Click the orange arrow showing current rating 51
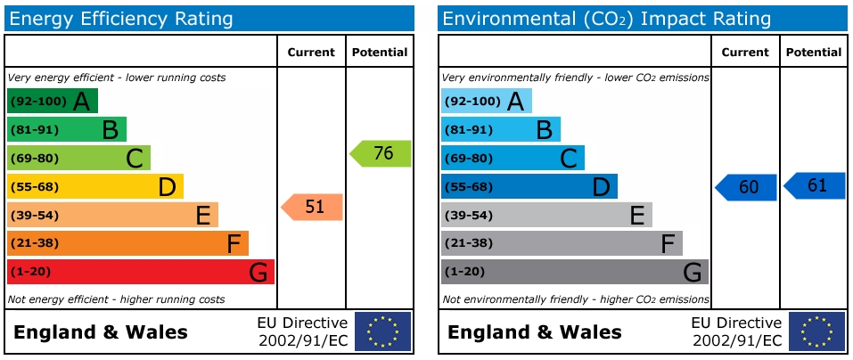[313, 207]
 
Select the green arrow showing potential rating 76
[381, 153]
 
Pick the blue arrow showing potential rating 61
[815, 185]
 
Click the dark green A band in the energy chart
[52, 101]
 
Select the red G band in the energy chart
[140, 272]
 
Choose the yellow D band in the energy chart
[94, 186]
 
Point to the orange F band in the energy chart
[127, 243]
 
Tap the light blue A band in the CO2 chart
[486, 101]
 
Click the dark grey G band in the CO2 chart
[574, 272]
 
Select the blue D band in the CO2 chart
[529, 186]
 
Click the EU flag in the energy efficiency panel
[383, 331]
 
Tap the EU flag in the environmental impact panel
[816, 331]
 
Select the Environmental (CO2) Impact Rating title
[606, 19]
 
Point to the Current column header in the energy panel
[311, 53]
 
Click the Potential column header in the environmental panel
[813, 53]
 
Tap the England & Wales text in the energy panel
[101, 333]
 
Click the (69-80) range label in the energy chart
[34, 159]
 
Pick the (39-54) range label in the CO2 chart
[468, 216]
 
